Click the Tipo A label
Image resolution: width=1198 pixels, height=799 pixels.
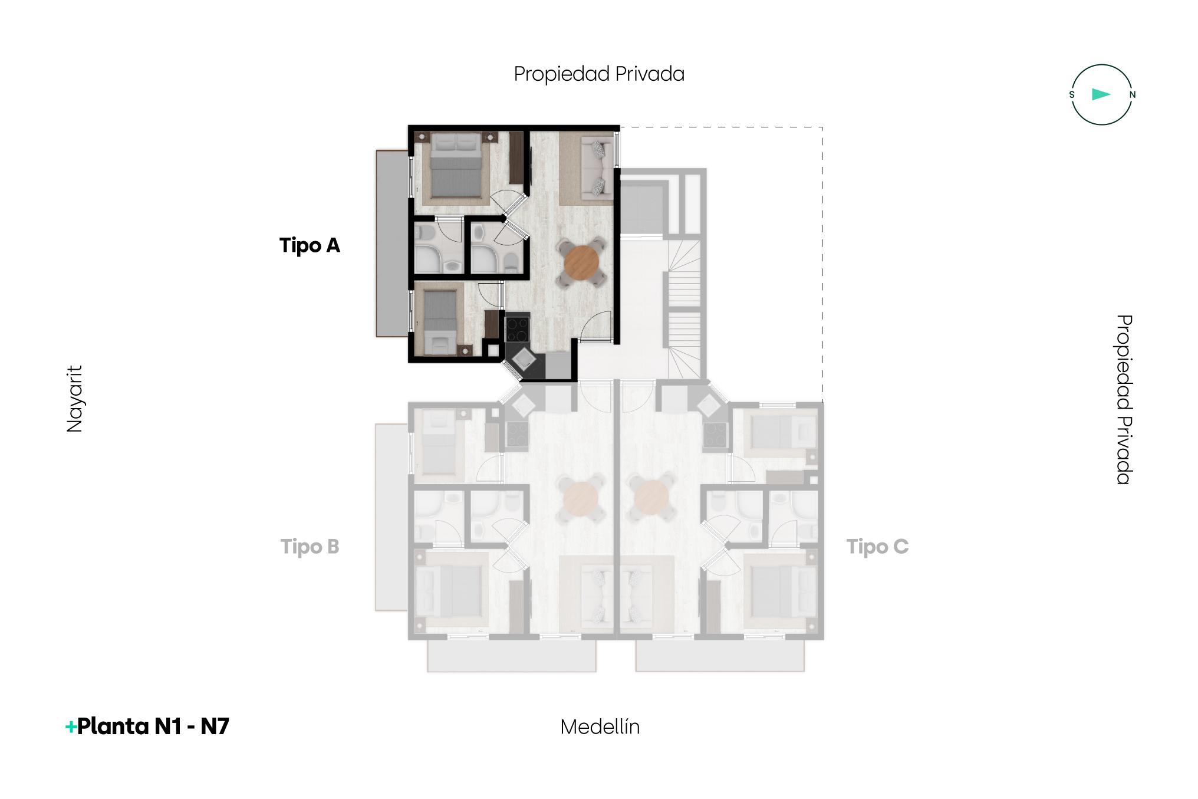(x=310, y=245)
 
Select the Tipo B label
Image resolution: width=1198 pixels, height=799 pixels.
(x=310, y=547)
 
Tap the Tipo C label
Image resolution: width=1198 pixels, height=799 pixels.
(x=877, y=547)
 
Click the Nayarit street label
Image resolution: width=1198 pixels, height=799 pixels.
(x=75, y=399)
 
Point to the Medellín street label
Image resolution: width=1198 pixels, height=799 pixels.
(x=600, y=726)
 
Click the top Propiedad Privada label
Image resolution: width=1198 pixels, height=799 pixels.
(x=599, y=74)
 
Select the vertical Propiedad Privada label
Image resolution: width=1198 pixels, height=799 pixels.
(x=1124, y=399)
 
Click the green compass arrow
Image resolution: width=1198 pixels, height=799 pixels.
(x=1101, y=94)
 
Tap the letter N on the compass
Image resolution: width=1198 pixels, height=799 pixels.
(x=1132, y=94)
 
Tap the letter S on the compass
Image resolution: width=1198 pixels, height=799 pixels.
(x=1072, y=94)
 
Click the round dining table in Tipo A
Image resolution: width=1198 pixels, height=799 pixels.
(x=581, y=262)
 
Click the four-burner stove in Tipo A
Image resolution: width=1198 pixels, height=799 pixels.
(x=517, y=330)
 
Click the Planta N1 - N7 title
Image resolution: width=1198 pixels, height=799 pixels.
(x=153, y=726)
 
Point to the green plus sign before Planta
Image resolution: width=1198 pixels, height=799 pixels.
(x=71, y=727)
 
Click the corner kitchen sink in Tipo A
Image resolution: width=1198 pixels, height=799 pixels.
(x=522, y=359)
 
